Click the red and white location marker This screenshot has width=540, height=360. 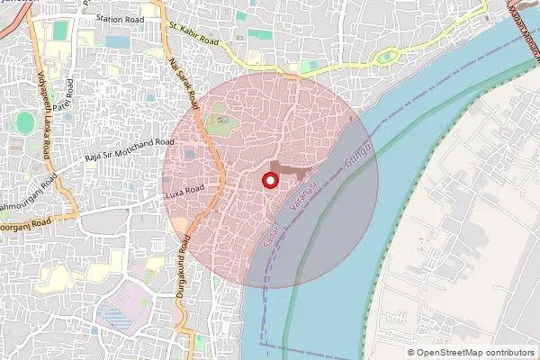[268, 181]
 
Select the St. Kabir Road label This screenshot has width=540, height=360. [193, 35]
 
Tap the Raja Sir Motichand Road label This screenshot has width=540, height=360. [129, 148]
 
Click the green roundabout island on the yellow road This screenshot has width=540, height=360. [388, 57]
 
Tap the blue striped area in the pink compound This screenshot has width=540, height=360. [114, 318]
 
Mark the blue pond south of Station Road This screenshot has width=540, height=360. [117, 42]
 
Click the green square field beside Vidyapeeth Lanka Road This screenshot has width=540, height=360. [60, 31]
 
